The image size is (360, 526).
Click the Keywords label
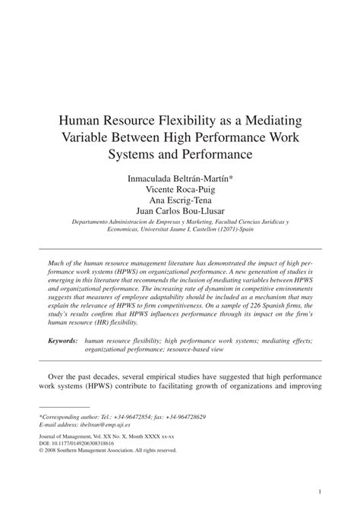(x=62, y=342)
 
